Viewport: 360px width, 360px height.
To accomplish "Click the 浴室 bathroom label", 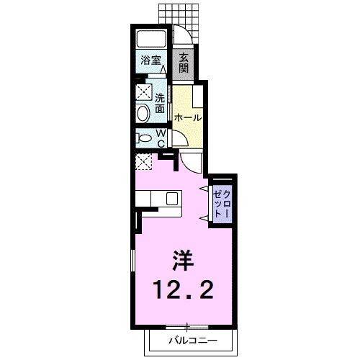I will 150,61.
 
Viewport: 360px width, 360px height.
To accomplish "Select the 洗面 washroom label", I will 160,103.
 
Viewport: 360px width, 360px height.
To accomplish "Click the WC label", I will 161,138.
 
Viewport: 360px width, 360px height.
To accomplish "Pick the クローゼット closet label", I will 223,204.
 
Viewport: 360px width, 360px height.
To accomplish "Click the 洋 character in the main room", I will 181,258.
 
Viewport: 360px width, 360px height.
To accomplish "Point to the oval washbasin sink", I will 143,112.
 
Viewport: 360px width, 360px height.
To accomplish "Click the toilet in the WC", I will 143,138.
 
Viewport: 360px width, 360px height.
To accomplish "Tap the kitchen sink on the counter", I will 172,198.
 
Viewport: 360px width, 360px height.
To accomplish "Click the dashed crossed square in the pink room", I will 144,161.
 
